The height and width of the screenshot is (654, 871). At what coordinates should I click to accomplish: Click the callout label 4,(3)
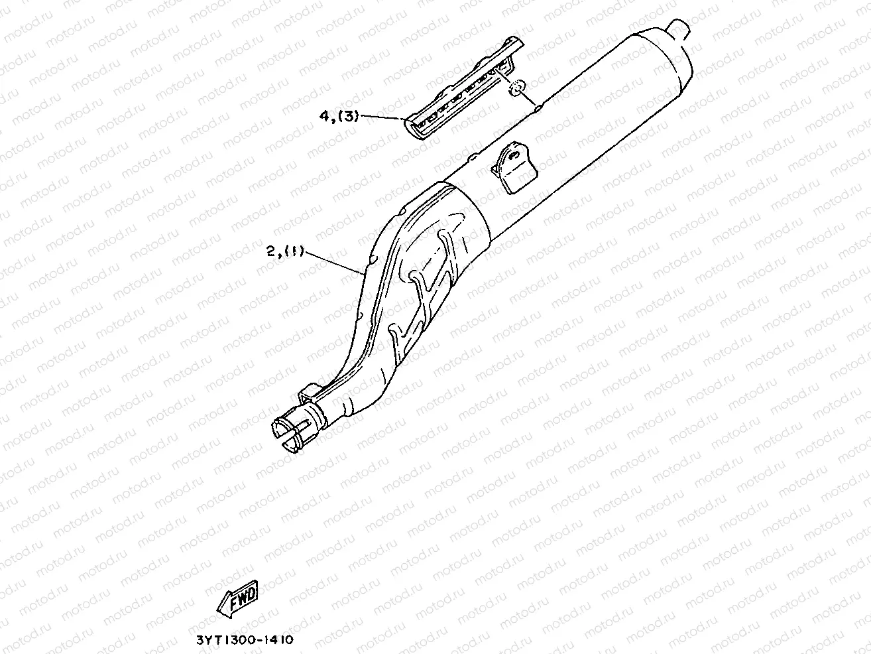pos(339,116)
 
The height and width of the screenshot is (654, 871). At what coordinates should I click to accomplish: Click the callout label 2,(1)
pos(285,251)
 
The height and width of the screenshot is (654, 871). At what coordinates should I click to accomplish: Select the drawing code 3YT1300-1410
pos(244,641)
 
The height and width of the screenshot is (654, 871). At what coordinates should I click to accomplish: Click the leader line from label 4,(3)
pos(383,117)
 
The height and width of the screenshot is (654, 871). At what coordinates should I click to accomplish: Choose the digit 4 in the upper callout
pos(324,116)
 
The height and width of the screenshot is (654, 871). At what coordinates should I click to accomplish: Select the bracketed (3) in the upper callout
pos(348,116)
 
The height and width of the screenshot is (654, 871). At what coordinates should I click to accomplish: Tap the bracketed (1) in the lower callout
pos(294,251)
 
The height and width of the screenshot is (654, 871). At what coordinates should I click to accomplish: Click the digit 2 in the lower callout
pos(270,251)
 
